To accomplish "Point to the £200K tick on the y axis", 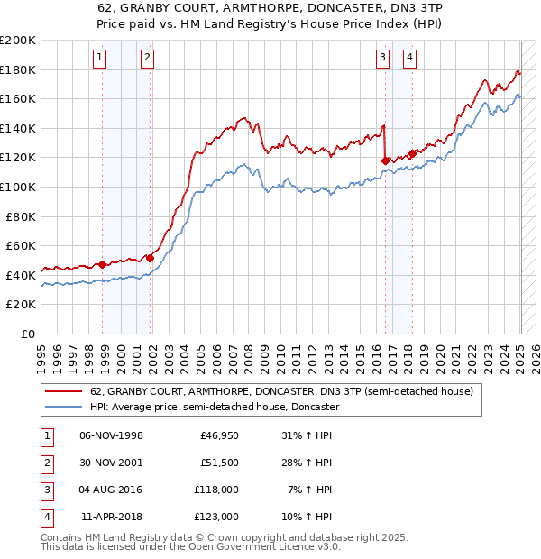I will coord(18,41).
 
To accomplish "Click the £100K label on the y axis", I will coord(18,187).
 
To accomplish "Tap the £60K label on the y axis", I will coord(21,245).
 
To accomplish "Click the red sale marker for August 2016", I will coord(386,161).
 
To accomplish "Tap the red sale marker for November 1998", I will coord(103,265).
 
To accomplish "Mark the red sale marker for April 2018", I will coord(412,153).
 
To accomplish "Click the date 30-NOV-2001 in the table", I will coord(112,463).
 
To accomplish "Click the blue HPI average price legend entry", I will coord(215,408).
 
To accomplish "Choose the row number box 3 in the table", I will coord(44,490).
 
